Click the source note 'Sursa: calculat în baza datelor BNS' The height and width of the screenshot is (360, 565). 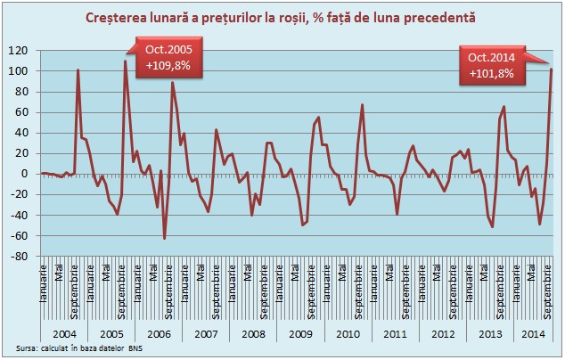[79, 348]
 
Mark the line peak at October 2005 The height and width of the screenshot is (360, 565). [125, 61]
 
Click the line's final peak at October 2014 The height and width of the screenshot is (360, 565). [551, 70]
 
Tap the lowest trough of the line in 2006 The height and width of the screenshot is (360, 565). [164, 238]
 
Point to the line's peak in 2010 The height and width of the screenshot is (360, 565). [363, 104]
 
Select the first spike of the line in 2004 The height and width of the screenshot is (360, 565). [78, 70]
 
